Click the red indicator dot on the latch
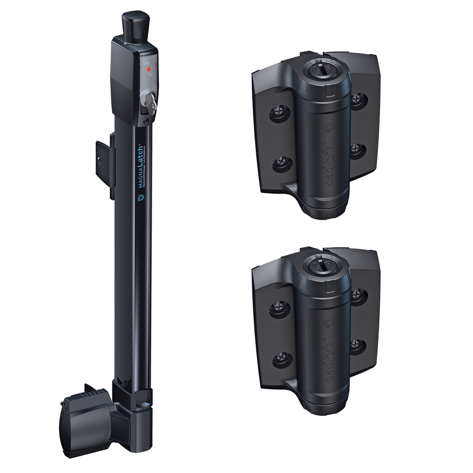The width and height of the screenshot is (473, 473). click(x=149, y=69)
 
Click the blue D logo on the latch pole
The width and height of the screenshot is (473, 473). click(x=141, y=198)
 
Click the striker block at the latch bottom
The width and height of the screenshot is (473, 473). click(x=86, y=417)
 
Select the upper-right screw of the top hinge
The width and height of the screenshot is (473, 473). click(x=359, y=99)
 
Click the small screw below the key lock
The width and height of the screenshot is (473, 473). click(x=146, y=121)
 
